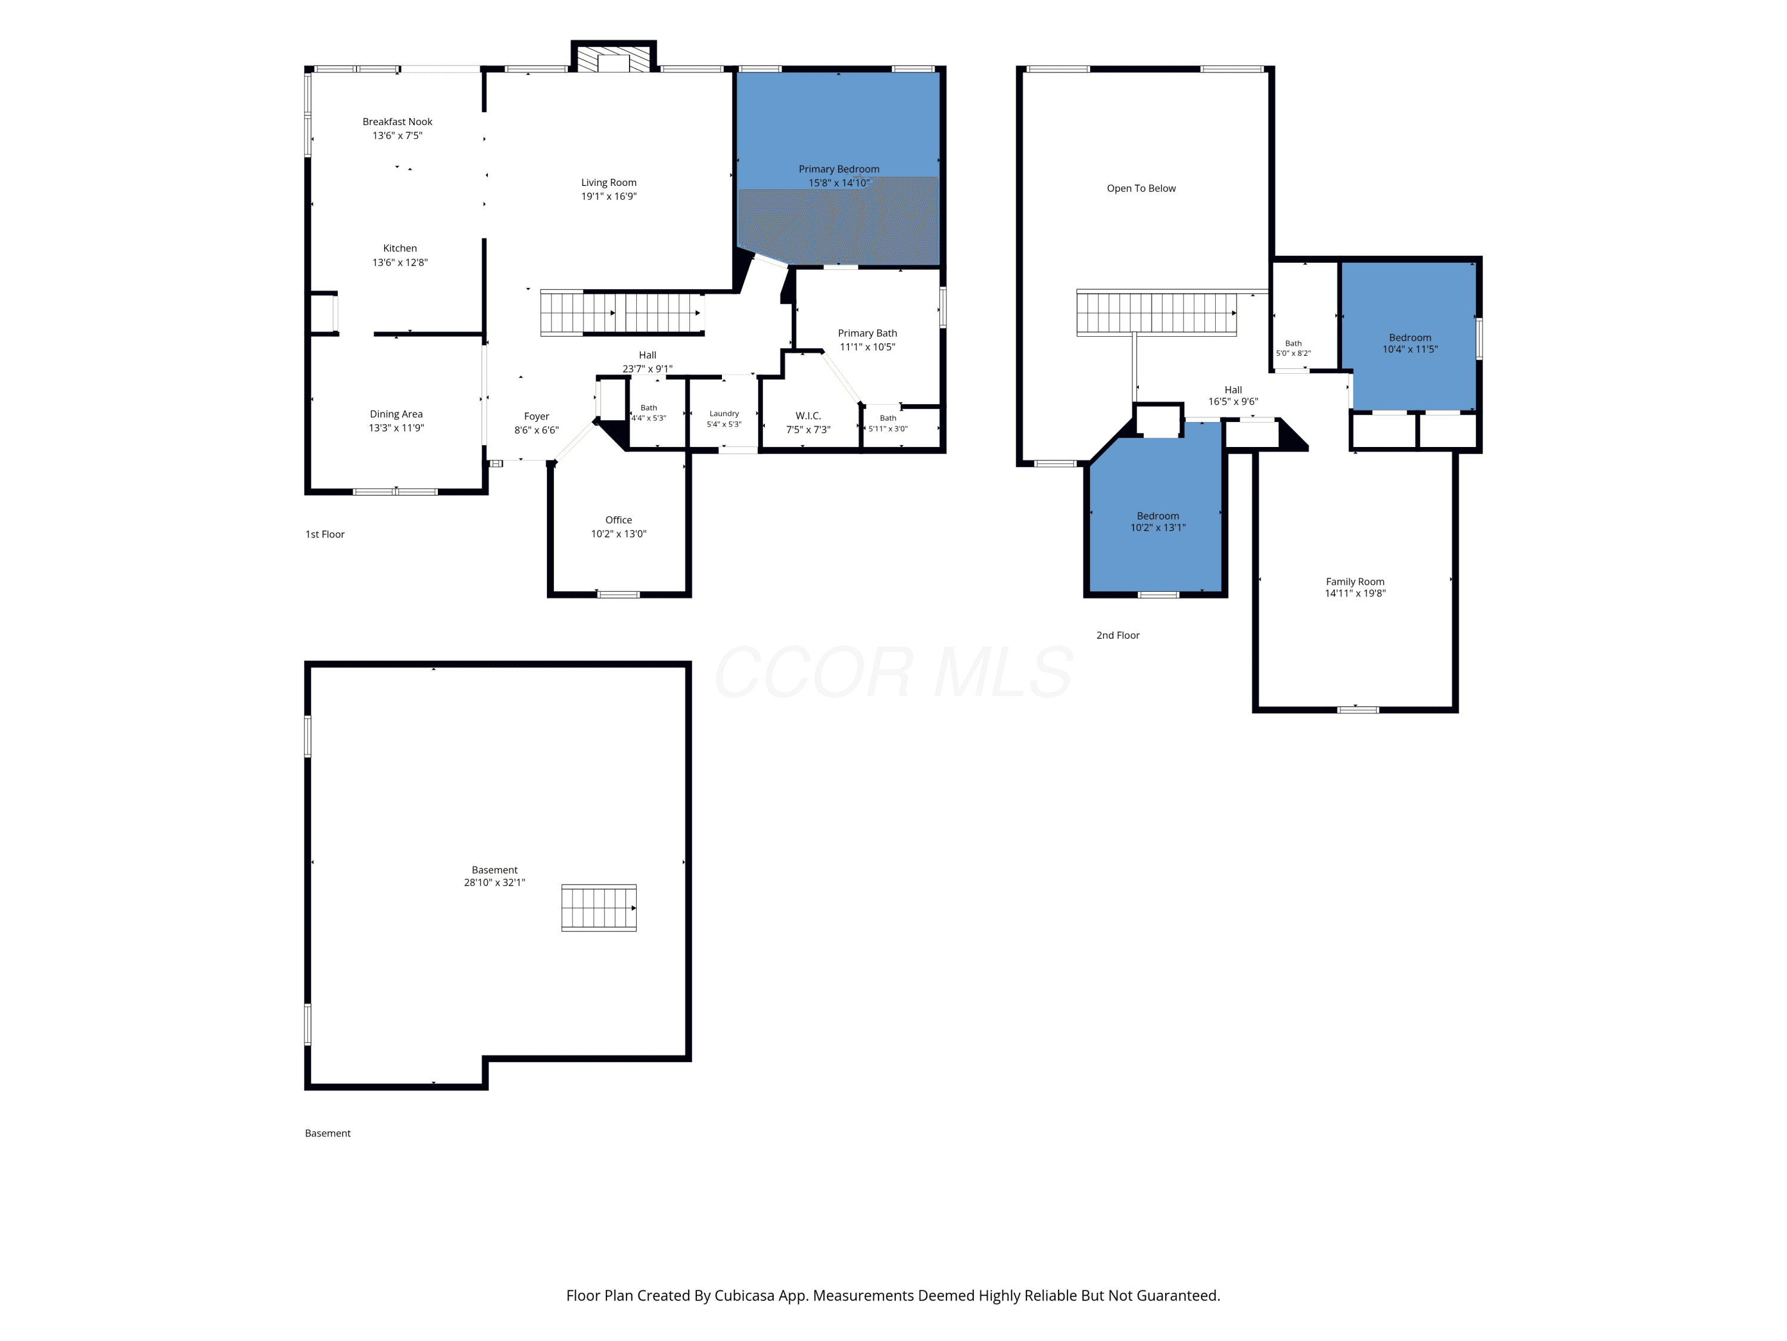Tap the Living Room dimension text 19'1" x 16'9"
pos(609,197)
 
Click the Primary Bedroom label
pos(839,169)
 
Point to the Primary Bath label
pos(867,333)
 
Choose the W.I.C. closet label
pos(808,416)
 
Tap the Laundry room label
pos(724,414)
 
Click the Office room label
pos(619,520)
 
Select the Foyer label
pos(537,416)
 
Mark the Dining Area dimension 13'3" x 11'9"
pos(396,427)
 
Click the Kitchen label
pos(400,248)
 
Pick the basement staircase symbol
pos(599,908)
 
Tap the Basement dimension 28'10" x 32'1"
pos(494,883)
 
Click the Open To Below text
pos(1141,188)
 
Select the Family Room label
pos(1355,582)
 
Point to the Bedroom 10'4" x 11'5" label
pos(1410,338)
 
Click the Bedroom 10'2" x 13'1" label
pos(1157,516)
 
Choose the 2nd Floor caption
pos(1118,635)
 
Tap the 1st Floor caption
pos(325,534)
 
